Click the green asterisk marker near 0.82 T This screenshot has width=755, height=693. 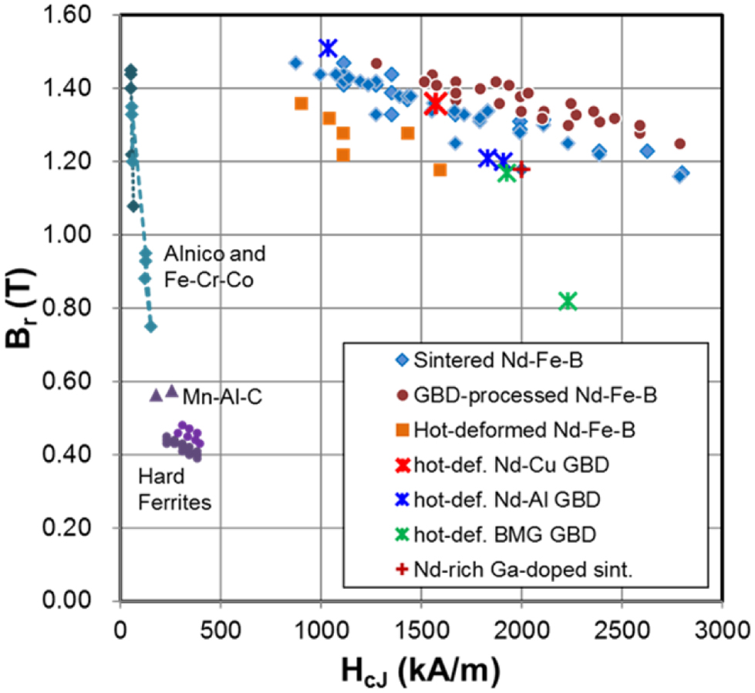(x=568, y=301)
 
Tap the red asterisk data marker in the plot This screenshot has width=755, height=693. (x=436, y=103)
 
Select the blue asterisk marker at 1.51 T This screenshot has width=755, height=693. (x=328, y=48)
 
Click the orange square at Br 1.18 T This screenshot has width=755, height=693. (x=440, y=170)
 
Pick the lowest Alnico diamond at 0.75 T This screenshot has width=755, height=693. (x=151, y=326)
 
